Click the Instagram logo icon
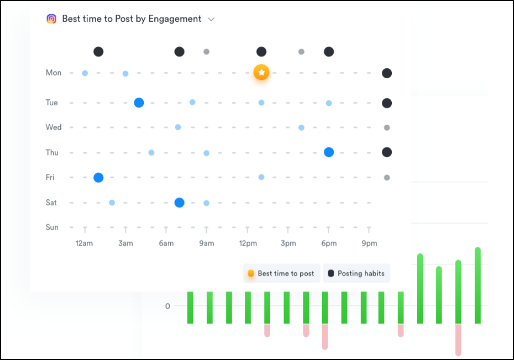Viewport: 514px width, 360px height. tap(51, 19)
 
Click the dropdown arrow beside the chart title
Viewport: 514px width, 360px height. tap(211, 19)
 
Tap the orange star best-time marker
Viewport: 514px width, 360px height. tap(261, 72)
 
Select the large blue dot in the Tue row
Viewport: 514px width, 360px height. tap(139, 103)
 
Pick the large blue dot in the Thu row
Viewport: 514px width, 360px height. tap(328, 152)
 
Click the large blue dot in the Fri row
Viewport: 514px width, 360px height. tap(98, 178)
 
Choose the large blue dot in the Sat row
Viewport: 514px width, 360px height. tap(179, 202)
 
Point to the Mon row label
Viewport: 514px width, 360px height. tap(53, 73)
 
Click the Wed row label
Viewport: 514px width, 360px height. tap(53, 127)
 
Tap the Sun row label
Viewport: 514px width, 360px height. tap(52, 227)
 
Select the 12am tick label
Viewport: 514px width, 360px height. tap(85, 244)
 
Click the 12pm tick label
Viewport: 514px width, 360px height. tap(247, 244)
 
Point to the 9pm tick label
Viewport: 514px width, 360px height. tap(369, 244)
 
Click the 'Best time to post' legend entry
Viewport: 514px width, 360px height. tap(281, 273)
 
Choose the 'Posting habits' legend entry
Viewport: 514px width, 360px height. tap(356, 273)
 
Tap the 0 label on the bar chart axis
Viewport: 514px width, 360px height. tap(168, 306)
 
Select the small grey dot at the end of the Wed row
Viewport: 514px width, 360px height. tap(387, 127)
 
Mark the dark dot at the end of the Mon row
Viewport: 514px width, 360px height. tap(387, 73)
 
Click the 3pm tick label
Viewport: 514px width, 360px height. tap(288, 244)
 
